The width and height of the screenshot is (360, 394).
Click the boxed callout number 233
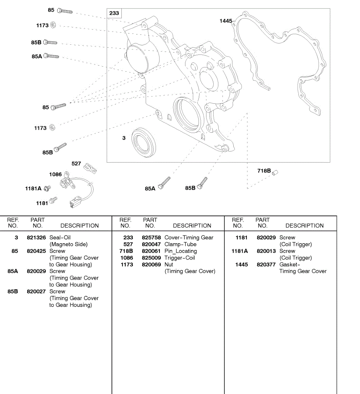114,13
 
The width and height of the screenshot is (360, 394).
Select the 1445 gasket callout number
226,21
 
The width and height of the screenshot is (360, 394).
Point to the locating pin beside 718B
275,172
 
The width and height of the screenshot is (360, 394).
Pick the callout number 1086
55,174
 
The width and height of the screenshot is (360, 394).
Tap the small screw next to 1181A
47,188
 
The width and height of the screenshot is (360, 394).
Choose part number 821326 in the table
36,237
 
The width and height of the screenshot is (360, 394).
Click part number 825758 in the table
151,237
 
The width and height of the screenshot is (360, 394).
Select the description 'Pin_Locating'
180,251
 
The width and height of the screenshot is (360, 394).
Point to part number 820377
266,264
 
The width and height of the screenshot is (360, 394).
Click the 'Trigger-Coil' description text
180,258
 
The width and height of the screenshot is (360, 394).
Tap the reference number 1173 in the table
127,264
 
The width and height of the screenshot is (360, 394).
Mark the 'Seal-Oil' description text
60,237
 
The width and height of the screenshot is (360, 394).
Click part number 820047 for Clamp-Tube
151,244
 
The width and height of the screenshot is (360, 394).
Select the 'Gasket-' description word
289,264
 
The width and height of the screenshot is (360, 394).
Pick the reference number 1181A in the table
240,251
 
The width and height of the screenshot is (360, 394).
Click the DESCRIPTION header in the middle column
192,226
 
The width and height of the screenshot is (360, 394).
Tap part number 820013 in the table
266,251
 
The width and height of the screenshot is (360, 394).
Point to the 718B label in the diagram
264,171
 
